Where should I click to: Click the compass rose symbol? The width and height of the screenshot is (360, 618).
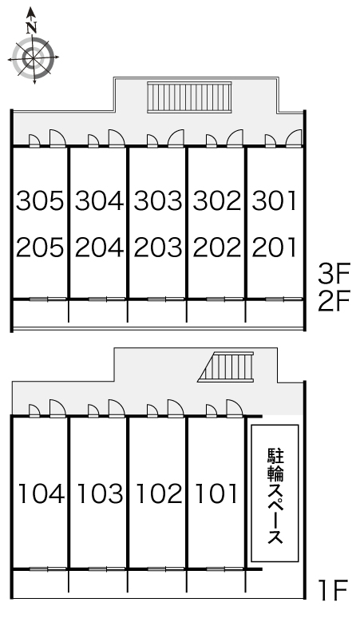point(32,57)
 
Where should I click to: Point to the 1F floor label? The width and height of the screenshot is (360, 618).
point(333,592)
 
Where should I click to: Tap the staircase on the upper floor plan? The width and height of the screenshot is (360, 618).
point(189,97)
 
